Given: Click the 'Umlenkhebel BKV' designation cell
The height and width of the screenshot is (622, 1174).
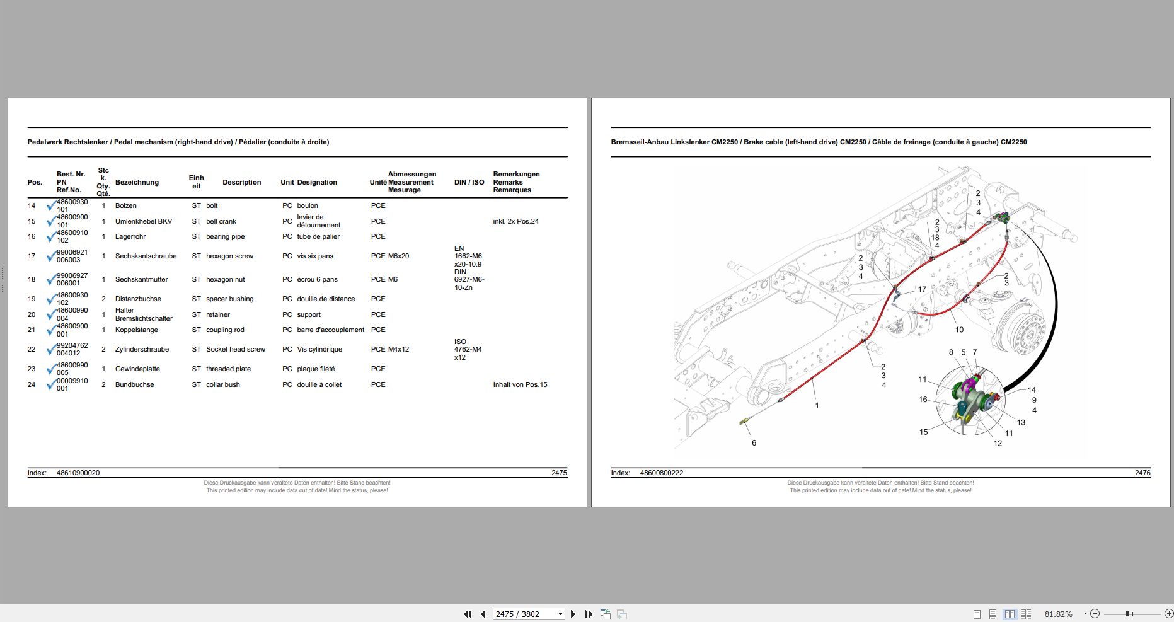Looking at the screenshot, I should (143, 221).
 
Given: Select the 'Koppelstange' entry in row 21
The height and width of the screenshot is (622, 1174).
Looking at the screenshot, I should (136, 330).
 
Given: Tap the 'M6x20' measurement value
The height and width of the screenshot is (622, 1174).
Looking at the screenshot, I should (398, 256).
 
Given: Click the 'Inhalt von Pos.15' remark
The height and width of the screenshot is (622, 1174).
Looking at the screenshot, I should (520, 384).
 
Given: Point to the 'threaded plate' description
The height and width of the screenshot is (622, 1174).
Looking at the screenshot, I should (228, 369).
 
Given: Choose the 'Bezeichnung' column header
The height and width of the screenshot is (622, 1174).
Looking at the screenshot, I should (137, 182).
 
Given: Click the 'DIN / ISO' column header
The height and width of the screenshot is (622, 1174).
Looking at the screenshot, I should (469, 182).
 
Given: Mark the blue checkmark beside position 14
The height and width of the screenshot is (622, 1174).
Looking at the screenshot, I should (50, 205).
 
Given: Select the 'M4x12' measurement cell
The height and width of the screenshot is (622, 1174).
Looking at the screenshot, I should (398, 349).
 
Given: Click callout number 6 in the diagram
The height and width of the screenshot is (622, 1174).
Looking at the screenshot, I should (754, 443).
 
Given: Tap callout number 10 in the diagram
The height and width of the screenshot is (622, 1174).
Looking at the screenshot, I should (959, 330).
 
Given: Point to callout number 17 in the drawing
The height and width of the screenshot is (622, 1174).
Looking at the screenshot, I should (922, 290).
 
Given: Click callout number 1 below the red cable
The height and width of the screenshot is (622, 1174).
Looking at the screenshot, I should (817, 405).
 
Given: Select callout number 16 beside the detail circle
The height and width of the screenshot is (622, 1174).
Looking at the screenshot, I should (923, 400).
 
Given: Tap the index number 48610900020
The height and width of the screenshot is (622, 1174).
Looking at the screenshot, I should (78, 473).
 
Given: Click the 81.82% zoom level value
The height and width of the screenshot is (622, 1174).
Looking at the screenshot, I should (1058, 614).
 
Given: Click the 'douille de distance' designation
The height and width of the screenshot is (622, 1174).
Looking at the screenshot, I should (326, 299).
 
